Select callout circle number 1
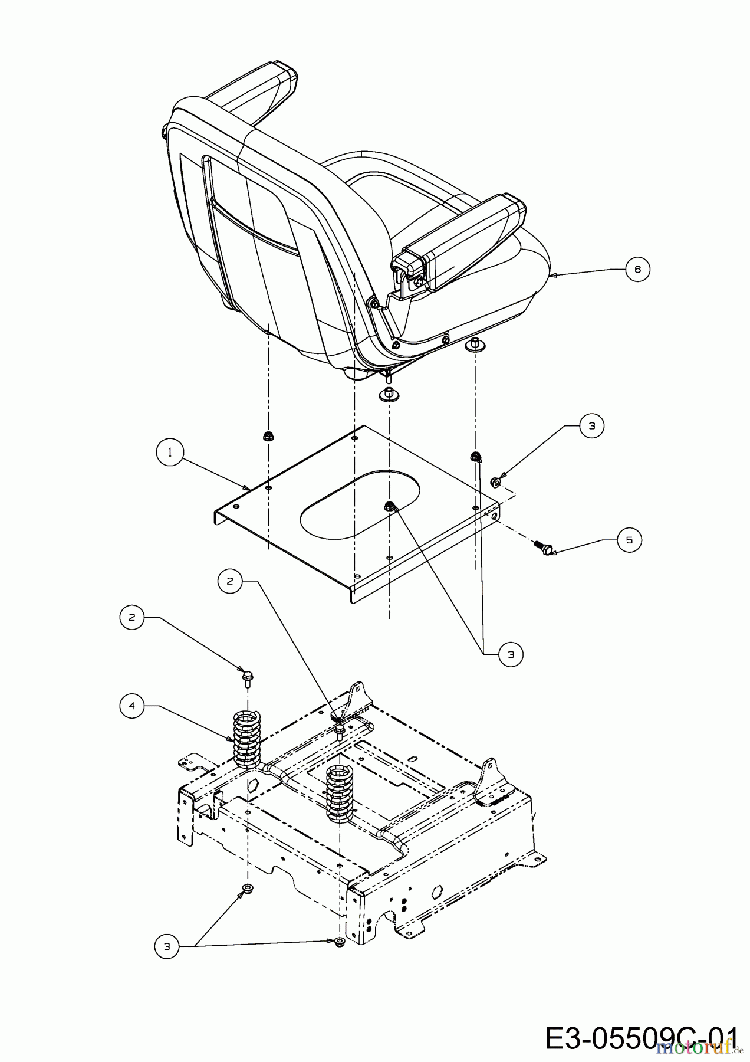(170, 453)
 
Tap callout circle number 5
(629, 540)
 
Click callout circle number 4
(132, 706)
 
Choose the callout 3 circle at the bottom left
(167, 946)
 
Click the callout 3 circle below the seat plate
(511, 654)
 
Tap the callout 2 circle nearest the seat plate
(230, 581)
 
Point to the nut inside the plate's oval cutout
(390, 505)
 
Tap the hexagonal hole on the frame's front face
(437, 891)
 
